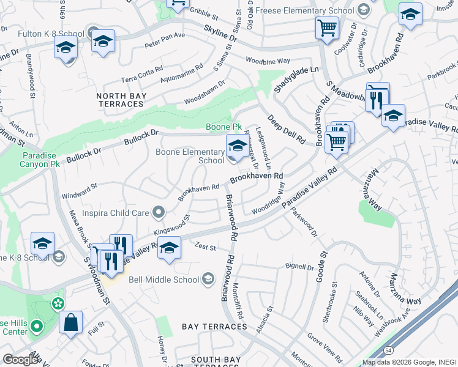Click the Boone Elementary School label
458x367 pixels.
[190, 156]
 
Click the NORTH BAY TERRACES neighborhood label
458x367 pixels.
[120, 100]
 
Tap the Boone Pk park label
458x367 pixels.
[220, 127]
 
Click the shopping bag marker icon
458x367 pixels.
[70, 322]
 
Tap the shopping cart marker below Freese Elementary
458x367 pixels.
[327, 27]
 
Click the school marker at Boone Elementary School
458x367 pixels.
[237, 146]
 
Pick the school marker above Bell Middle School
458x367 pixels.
[170, 248]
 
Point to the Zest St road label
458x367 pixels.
[205, 247]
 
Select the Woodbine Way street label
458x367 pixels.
[268, 61]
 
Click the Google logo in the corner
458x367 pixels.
[20, 360]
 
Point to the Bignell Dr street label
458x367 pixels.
[299, 266]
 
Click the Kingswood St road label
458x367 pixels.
[171, 225]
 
